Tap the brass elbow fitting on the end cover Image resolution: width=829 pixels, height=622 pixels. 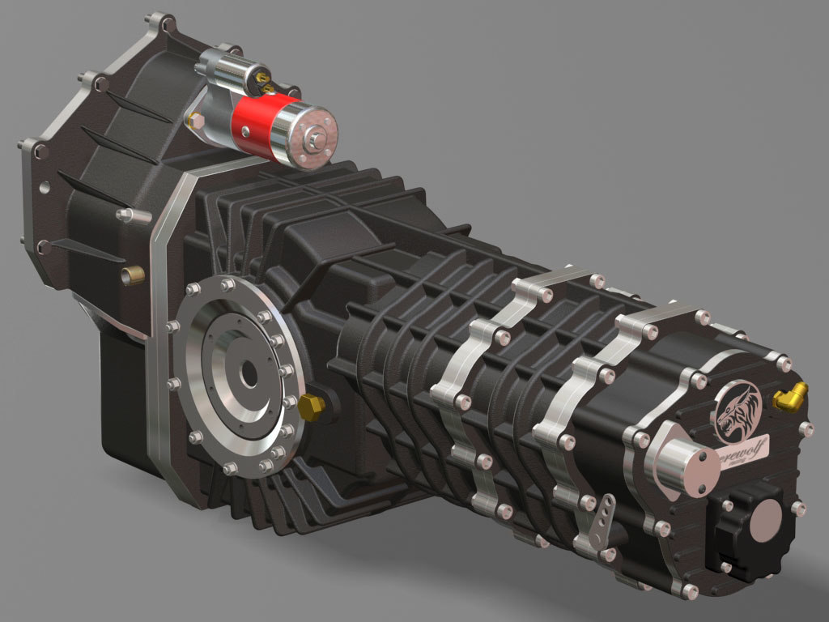point(790,396)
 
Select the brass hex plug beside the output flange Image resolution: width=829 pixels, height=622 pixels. point(308,407)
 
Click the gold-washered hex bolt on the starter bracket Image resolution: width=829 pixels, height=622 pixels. point(194,121)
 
